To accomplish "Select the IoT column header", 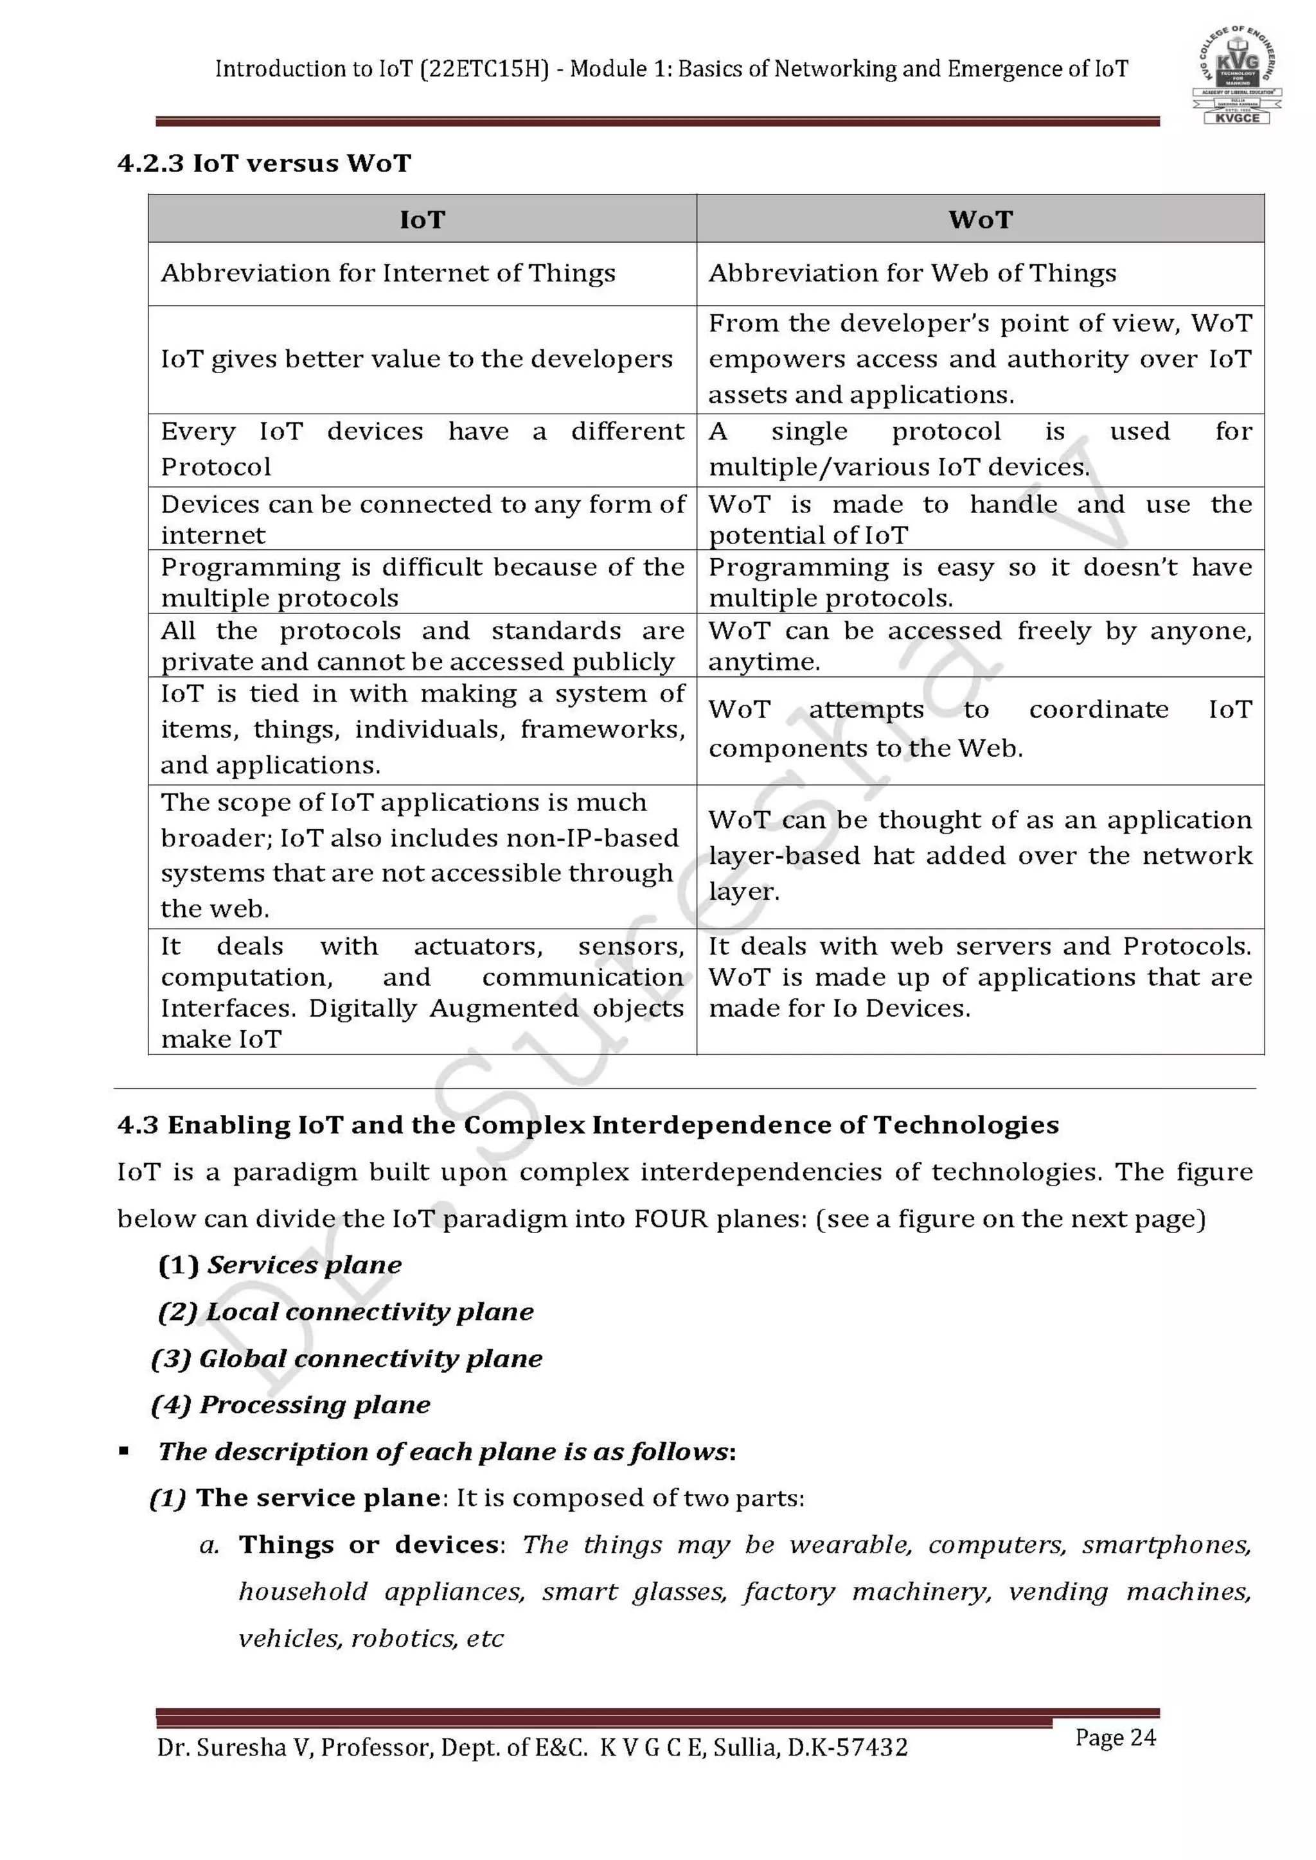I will [422, 220].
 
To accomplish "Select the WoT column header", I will [981, 220].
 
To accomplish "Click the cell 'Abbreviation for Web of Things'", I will [912, 274].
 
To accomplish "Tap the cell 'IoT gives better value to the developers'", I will [416, 359].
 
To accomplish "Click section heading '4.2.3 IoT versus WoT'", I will [264, 164].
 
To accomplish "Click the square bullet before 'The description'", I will [124, 1452].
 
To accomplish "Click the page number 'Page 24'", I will [1115, 1738].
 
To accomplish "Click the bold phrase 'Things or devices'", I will [369, 1545].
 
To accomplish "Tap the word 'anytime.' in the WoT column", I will [764, 663].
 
